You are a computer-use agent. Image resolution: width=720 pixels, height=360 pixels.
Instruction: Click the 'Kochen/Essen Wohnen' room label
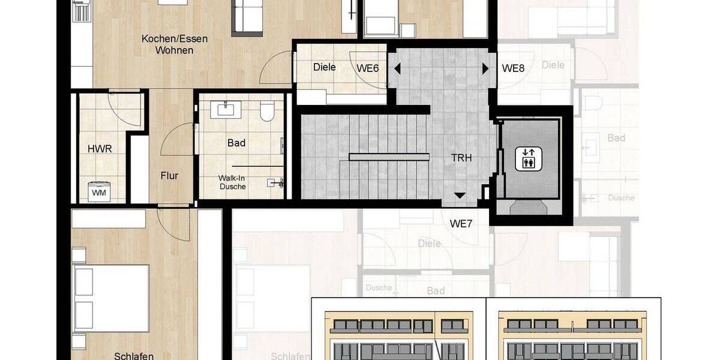click(175, 44)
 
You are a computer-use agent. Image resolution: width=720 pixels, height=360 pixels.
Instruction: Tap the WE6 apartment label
click(368, 68)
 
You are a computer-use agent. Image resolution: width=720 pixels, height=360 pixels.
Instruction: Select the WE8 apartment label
click(513, 68)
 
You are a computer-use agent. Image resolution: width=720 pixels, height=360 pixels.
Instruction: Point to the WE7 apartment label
click(462, 224)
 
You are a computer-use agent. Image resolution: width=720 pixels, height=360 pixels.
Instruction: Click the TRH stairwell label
click(461, 158)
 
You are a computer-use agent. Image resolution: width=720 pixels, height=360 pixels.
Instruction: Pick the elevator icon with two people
click(529, 158)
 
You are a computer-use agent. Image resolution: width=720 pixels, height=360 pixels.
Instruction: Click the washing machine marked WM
click(98, 192)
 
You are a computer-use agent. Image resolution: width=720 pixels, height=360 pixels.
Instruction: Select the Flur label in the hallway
click(169, 176)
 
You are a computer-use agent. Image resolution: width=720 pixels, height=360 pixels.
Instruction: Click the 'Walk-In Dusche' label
click(233, 182)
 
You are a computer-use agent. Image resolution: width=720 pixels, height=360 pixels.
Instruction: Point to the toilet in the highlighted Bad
click(267, 112)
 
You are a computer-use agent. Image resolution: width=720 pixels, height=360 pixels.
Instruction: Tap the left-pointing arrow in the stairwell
click(397, 68)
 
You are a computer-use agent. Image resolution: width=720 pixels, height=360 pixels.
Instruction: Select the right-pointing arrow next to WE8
click(485, 68)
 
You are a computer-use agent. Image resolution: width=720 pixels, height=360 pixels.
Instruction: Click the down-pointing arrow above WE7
click(460, 196)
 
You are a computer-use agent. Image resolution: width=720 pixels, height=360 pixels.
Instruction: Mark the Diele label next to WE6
click(324, 67)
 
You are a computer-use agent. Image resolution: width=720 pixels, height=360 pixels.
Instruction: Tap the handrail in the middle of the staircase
click(389, 157)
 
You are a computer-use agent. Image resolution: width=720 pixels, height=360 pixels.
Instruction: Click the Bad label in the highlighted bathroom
click(236, 143)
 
